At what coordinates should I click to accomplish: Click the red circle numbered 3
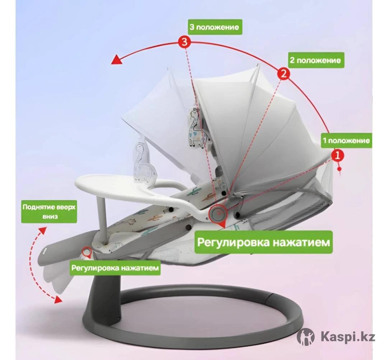tap(185, 42)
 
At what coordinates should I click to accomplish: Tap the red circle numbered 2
tap(283, 74)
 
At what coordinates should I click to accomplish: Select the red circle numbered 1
tap(338, 156)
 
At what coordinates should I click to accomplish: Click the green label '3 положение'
tap(215, 27)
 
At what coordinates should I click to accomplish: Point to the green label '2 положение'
tap(316, 60)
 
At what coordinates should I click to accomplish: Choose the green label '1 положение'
tap(346, 141)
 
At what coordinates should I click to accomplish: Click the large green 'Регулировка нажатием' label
tap(263, 242)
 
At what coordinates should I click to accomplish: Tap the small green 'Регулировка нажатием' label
tap(115, 268)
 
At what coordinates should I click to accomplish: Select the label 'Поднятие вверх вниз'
tap(49, 211)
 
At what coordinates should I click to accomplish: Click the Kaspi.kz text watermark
tap(348, 337)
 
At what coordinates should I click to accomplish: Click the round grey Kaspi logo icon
tap(306, 337)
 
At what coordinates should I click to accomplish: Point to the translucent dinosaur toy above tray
tap(143, 162)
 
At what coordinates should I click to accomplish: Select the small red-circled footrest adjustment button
tap(87, 251)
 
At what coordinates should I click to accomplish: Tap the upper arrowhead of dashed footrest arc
tap(42, 230)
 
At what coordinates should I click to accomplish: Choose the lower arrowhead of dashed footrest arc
tap(58, 300)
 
